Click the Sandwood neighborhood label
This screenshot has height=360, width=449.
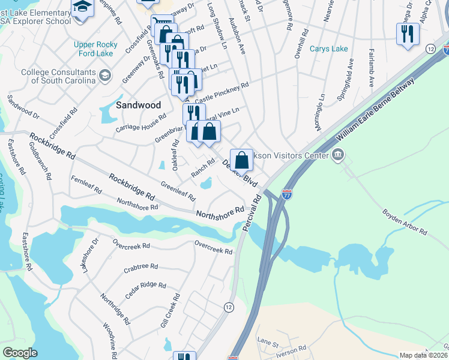coord(138,104)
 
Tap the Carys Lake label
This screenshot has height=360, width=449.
coord(328,49)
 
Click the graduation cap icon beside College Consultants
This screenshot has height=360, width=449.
coord(105,75)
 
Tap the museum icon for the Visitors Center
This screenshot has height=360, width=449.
coord(337,156)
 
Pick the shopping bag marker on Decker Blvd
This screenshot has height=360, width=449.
coord(241,160)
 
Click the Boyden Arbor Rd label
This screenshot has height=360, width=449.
coord(405,222)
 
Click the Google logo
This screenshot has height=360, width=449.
coord(20,352)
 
